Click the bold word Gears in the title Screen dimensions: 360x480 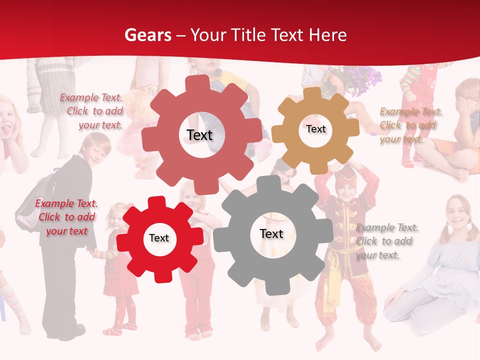click(x=147, y=34)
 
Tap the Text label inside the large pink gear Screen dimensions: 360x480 click(x=199, y=135)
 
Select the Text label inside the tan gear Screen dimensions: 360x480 click(x=315, y=129)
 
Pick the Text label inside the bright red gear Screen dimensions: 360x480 click(x=159, y=238)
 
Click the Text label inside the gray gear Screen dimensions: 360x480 click(x=271, y=233)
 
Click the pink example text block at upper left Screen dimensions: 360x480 click(x=92, y=111)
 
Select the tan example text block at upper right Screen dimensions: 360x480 click(x=410, y=125)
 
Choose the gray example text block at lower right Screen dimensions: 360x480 click(x=386, y=241)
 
